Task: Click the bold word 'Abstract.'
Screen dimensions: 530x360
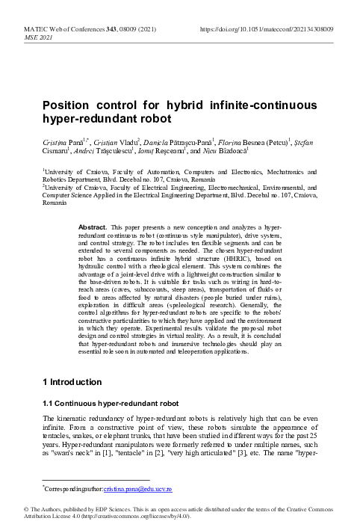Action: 93,226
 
